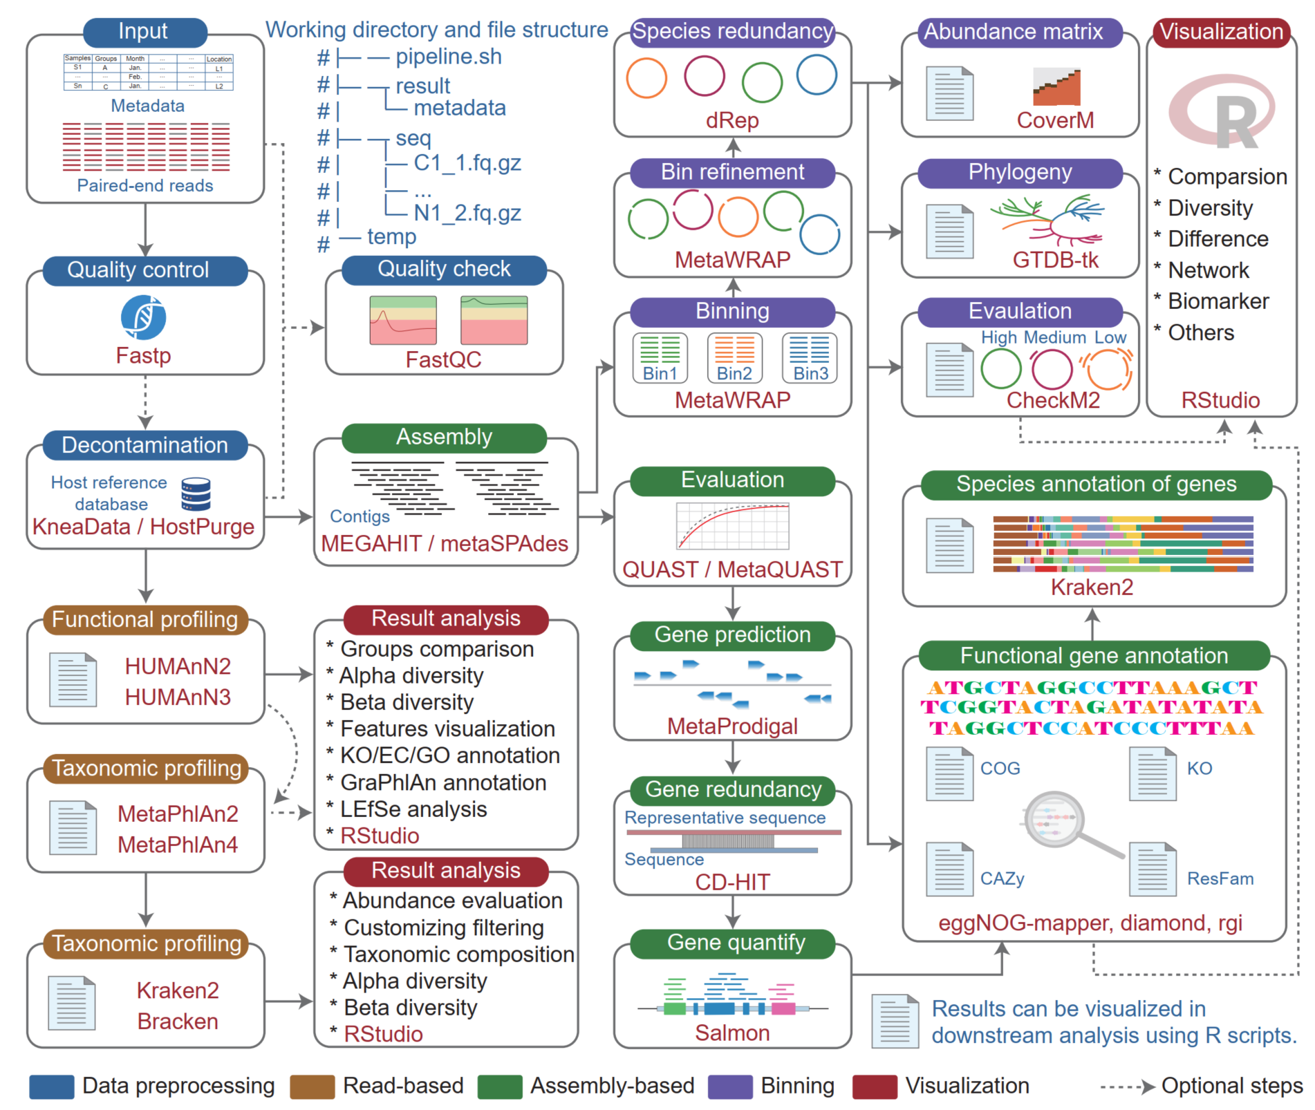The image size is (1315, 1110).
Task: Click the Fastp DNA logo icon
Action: tap(143, 317)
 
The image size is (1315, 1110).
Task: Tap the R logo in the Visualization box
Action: tap(1222, 112)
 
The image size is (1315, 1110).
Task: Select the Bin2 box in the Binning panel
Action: tap(734, 357)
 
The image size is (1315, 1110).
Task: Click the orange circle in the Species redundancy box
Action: tap(646, 78)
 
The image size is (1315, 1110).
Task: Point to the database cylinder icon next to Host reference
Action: tap(196, 493)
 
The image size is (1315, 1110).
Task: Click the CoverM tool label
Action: tap(1055, 120)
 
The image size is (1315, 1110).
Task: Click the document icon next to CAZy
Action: tap(949, 869)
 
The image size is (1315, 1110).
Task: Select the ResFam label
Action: tap(1220, 878)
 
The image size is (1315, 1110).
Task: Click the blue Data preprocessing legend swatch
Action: tap(51, 1086)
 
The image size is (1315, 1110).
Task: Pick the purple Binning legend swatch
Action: tap(730, 1086)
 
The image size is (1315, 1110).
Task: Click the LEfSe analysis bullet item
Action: tap(413, 809)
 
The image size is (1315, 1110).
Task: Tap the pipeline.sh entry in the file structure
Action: tap(448, 57)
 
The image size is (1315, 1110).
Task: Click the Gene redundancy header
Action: tap(733, 789)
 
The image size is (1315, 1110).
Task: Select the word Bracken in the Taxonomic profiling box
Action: tap(178, 1021)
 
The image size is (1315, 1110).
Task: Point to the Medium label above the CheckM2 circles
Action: tap(1055, 337)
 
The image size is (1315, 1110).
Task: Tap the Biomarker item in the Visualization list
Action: tap(1218, 301)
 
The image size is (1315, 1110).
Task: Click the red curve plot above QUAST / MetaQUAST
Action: tap(733, 526)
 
